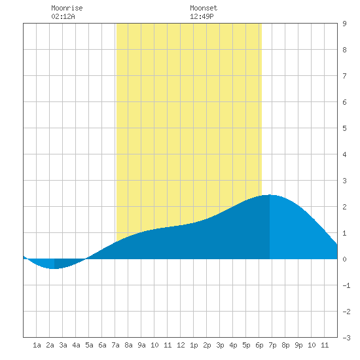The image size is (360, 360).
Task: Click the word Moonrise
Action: click(67, 8)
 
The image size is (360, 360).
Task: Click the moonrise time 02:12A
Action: click(63, 16)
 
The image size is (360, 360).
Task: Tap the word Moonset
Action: click(204, 8)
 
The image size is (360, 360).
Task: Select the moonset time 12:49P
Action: click(202, 16)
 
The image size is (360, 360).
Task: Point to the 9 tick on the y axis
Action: click(344, 24)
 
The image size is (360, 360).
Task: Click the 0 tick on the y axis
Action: click(344, 259)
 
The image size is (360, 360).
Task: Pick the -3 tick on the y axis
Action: click(346, 338)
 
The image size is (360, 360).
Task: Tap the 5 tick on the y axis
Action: click(344, 128)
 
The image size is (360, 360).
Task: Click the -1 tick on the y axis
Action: click(346, 285)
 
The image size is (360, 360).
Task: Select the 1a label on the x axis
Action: click(37, 345)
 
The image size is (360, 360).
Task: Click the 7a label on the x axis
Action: click(115, 345)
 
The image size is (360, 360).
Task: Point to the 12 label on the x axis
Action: click(181, 345)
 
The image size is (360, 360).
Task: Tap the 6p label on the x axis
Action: click(259, 345)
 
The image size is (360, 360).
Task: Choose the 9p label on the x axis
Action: click(298, 345)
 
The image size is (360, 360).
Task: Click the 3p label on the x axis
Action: click(220, 345)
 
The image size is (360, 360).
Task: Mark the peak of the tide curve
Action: click(270, 194)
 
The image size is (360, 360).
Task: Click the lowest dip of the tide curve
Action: click(54, 268)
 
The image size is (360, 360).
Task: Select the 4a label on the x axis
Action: click(76, 345)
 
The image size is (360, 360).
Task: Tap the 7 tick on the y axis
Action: click(344, 76)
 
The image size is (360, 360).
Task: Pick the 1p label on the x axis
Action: click(194, 345)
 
